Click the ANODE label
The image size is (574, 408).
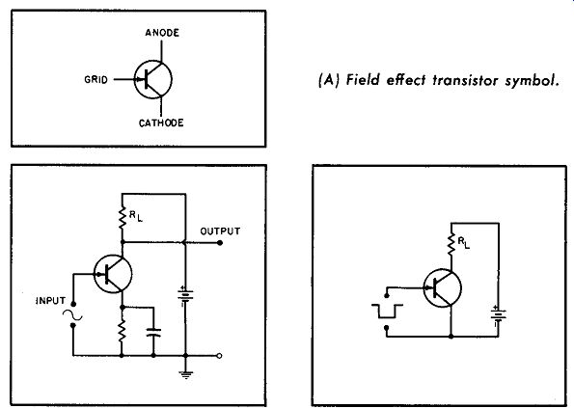[162, 33]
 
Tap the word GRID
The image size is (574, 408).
[96, 79]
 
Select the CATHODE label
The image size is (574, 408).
[161, 122]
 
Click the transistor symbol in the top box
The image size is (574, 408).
[153, 79]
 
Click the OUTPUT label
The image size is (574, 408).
[220, 231]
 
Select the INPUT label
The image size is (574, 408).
[51, 301]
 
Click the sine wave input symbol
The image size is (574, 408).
[72, 314]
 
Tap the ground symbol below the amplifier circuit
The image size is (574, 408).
[186, 374]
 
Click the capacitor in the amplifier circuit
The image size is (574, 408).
[153, 332]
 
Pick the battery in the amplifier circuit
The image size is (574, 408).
[185, 296]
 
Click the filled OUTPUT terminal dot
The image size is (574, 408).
[220, 243]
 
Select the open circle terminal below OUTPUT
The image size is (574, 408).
[219, 355]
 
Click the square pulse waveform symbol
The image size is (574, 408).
[387, 311]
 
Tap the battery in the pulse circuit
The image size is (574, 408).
[499, 315]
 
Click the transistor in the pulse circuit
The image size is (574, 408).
[442, 287]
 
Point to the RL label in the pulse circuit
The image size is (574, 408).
[463, 243]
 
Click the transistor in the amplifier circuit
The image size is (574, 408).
[113, 274]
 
